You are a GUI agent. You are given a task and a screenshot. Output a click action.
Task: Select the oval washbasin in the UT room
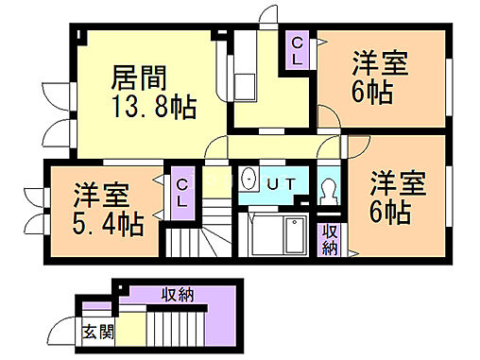(x=249, y=180)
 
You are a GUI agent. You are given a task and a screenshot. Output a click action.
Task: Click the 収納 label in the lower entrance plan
(x=178, y=295)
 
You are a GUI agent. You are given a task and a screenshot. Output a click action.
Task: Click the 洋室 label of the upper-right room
(x=380, y=65)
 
